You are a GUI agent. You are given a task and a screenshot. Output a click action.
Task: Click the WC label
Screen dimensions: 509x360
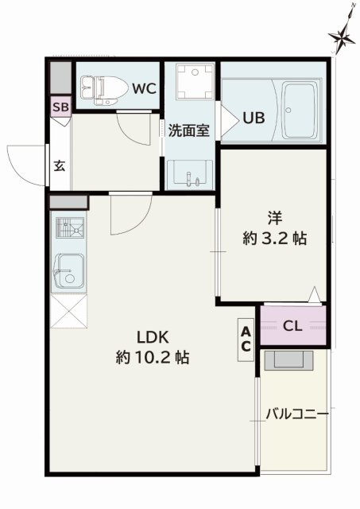coord(144,88)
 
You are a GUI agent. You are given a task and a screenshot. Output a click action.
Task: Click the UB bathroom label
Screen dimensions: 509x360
coord(253,118)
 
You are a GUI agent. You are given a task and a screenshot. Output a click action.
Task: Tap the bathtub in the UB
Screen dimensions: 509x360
coord(300,107)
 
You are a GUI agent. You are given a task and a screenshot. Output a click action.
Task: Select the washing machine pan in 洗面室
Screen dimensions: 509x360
coord(191,80)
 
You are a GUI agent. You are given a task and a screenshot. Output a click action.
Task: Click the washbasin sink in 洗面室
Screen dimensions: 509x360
coord(191,175)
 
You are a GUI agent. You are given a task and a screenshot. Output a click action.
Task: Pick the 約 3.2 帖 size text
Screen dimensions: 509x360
coord(274,238)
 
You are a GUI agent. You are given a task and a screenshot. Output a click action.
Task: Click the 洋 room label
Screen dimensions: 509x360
coord(275,216)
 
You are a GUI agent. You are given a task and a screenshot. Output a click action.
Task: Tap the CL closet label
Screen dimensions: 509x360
coord(292,325)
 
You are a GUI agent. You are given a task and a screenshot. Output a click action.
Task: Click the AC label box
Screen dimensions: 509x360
coord(246,339)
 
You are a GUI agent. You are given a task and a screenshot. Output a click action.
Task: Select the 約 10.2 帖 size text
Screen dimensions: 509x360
coord(152,358)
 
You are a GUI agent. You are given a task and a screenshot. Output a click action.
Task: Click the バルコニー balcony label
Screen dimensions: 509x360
coord(296,414)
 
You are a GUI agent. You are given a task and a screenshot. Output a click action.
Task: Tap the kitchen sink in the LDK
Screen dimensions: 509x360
coord(69,271)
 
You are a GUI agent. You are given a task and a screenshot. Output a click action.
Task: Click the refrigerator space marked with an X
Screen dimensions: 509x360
coord(68,310)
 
